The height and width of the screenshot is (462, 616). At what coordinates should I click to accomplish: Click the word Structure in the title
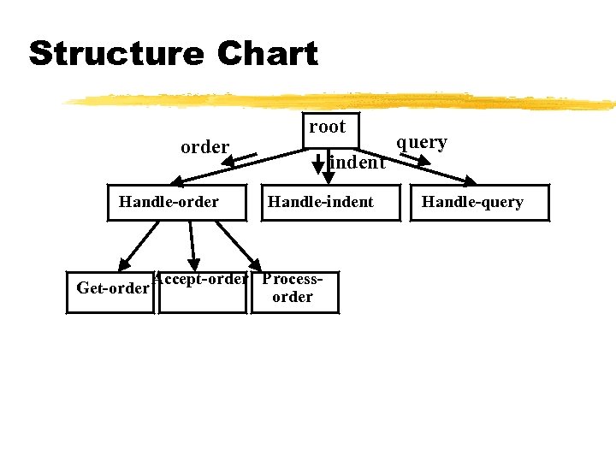point(115,54)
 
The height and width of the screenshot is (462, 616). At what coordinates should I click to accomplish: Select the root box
point(328,128)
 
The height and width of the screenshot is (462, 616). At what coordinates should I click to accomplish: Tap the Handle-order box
point(169,203)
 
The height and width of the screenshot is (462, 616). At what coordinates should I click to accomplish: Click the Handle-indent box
point(321,203)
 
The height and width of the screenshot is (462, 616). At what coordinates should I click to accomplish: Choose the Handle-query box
point(472,203)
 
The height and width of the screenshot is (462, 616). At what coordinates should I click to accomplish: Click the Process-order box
point(293,292)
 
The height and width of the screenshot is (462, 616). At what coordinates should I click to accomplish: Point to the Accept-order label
point(201,280)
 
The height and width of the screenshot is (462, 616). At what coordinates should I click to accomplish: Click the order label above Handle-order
point(204,147)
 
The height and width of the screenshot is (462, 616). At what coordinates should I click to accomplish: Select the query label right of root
point(422,142)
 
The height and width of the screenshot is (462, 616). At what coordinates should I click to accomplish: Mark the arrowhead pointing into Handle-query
point(470,181)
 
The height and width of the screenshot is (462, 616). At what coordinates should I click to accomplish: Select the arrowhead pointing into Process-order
point(257,264)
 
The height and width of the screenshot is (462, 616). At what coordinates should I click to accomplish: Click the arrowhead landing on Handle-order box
point(177,180)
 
